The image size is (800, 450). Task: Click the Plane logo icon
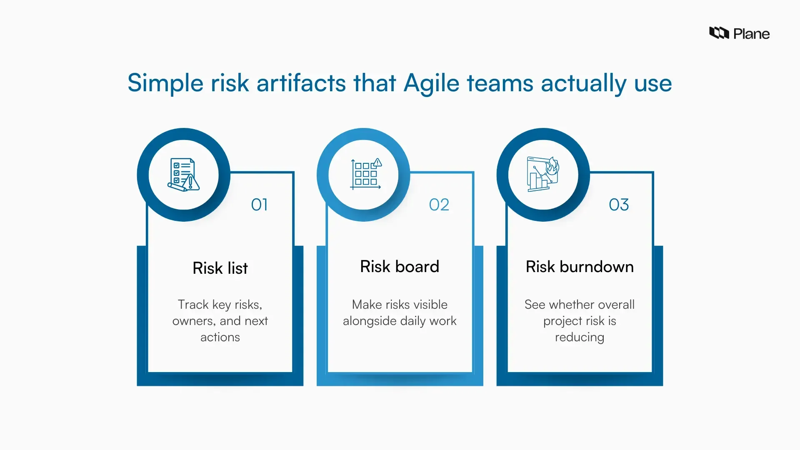tap(719, 33)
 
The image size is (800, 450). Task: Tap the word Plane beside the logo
tap(751, 34)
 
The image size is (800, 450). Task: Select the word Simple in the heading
tap(165, 83)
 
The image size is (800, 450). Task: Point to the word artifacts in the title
tap(301, 82)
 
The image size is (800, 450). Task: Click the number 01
tap(259, 205)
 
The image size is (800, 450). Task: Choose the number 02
tap(439, 205)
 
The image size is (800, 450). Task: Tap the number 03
tap(619, 205)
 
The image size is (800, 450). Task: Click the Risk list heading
tap(220, 268)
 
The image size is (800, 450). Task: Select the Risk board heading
tap(400, 267)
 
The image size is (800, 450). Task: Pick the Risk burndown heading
tap(580, 267)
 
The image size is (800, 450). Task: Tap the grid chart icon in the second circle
tap(365, 174)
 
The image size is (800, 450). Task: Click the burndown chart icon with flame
tap(542, 174)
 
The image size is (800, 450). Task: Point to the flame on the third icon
tap(552, 166)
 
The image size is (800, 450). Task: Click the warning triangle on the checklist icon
tap(191, 182)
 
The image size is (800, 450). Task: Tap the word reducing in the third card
tap(580, 337)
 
